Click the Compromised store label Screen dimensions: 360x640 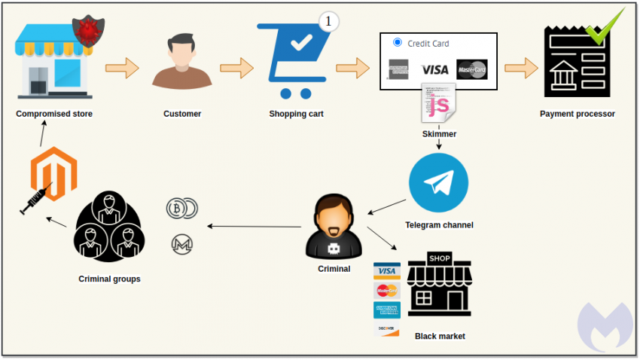[54, 114]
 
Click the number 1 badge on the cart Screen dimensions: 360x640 [329, 22]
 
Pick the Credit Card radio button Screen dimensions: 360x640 [398, 43]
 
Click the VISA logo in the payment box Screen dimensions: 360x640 [434, 69]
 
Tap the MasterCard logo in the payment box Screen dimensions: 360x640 [472, 69]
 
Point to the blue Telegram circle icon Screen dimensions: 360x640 [438, 183]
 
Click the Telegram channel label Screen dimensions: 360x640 [439, 224]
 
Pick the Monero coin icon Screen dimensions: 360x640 [181, 244]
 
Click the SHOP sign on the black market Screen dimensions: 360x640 [440, 258]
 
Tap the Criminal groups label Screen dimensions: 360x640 [109, 279]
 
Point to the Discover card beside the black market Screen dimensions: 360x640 [386, 329]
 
